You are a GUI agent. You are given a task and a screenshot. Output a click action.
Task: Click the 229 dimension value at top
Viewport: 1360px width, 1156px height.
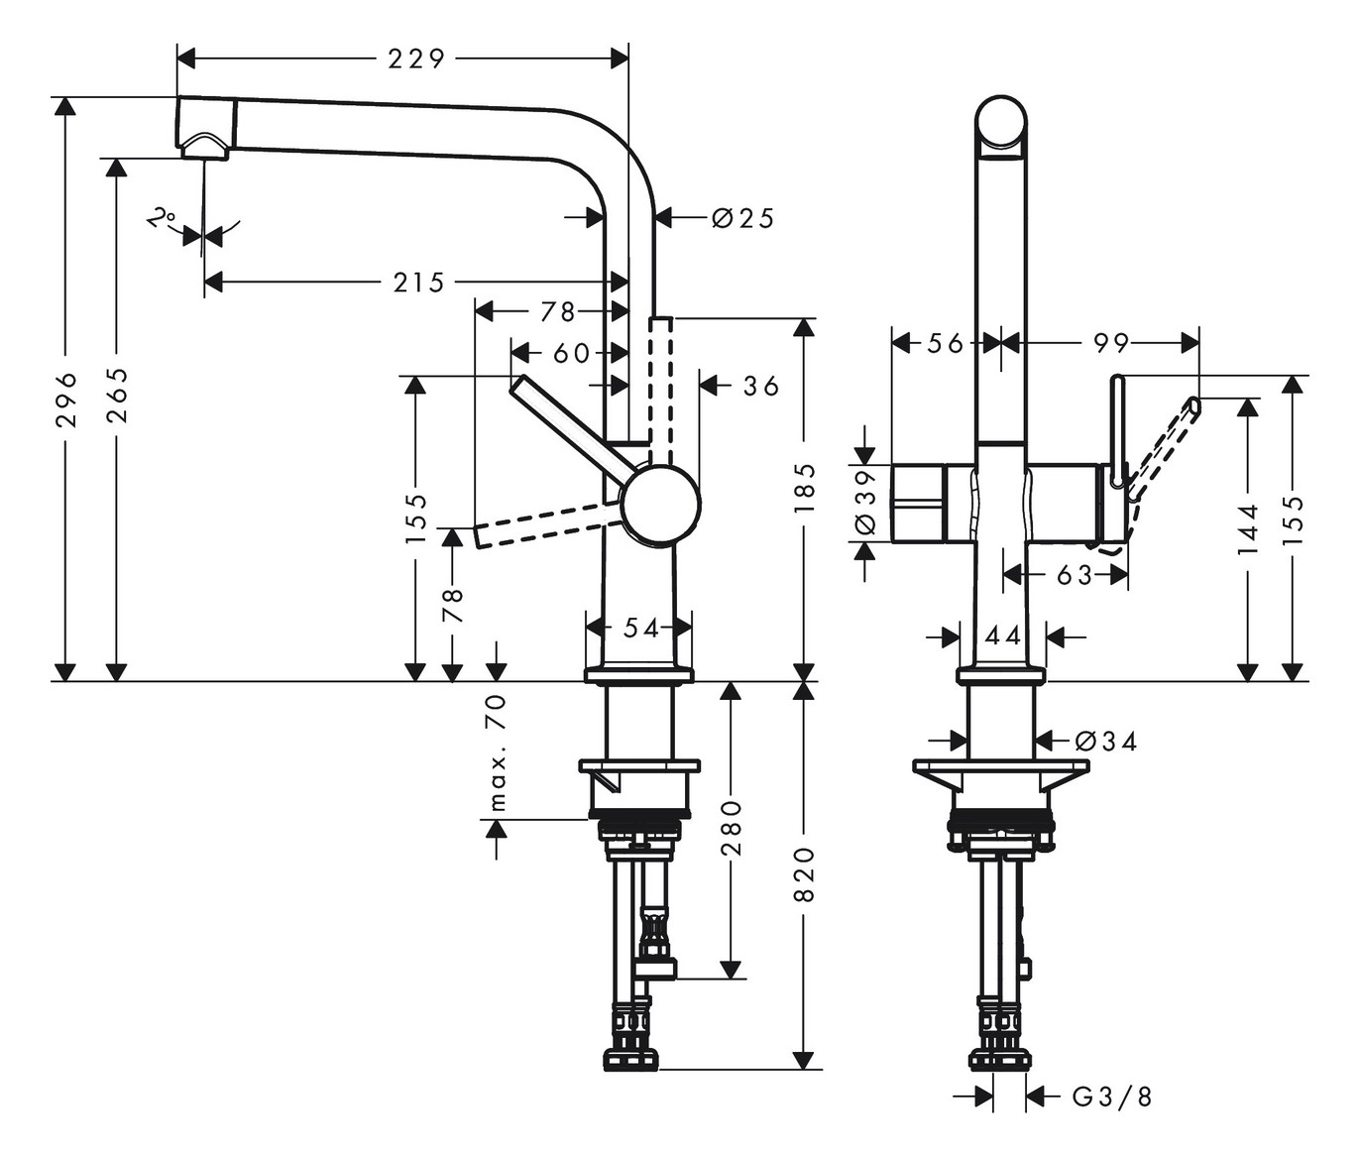point(415,59)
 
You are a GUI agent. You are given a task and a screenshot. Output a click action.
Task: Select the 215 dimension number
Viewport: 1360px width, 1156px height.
point(418,284)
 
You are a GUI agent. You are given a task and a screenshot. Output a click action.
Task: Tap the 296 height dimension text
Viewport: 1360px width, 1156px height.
point(66,399)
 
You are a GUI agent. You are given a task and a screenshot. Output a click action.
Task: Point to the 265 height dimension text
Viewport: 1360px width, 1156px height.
point(117,395)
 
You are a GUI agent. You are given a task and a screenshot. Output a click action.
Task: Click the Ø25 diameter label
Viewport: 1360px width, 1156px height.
point(742,217)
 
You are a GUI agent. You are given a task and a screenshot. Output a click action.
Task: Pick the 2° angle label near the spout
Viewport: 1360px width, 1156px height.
point(162,218)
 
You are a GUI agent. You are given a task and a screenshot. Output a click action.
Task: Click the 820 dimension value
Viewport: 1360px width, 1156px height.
point(804,873)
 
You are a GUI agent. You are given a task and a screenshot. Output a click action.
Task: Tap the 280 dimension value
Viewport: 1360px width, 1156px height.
point(731,827)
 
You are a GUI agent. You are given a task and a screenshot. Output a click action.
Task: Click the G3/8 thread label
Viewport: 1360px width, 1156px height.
point(1112,1097)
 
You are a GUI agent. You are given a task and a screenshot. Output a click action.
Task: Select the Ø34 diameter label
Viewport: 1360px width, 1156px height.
point(1104,741)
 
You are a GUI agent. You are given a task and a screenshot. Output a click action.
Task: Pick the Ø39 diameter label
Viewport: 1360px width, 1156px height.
point(865,501)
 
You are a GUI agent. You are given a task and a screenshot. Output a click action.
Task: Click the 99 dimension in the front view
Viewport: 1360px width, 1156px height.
point(1110,343)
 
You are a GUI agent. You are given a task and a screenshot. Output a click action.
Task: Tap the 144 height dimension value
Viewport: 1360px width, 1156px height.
point(1247,528)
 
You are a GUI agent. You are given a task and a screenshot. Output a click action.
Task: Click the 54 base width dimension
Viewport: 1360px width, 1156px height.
point(641,628)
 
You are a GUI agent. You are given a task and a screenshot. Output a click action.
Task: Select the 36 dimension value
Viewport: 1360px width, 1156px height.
point(761,386)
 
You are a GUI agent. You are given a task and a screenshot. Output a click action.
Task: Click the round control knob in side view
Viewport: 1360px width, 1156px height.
point(660,506)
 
